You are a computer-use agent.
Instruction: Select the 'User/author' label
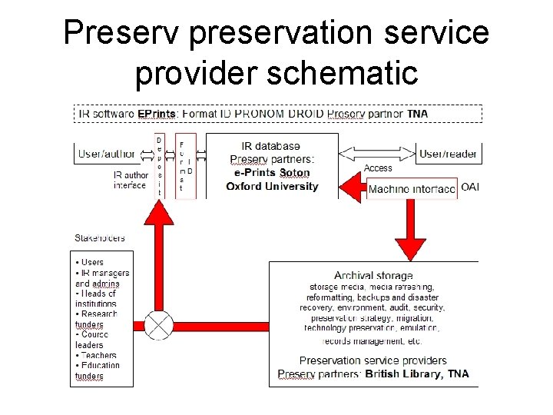pos(106,154)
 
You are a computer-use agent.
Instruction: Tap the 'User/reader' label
pos(448,154)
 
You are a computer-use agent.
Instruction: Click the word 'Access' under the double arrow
pos(378,168)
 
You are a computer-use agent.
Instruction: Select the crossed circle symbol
pos(159,324)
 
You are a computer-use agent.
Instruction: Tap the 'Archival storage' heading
pos(373,275)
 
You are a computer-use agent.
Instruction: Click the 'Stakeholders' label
pos(100,237)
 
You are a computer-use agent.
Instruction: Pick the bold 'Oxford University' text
pos(272,187)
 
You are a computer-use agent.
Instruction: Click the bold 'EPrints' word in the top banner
pos(157,114)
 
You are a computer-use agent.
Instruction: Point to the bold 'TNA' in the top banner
pos(418,114)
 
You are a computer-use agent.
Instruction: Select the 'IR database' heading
pos(271,146)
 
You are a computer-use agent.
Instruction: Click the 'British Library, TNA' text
pos(417,374)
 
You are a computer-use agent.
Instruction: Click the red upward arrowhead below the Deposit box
pos(159,213)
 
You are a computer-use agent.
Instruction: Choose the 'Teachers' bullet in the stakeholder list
pos(98,356)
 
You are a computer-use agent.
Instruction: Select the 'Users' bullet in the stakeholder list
pos(92,262)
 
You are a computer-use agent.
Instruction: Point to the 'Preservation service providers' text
pos(373,360)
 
